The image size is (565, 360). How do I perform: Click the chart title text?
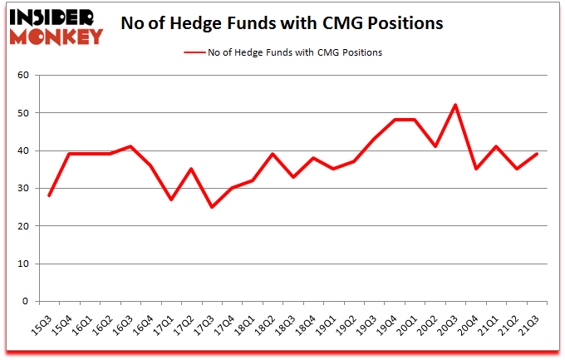(282, 23)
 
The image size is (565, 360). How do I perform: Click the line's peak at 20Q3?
(455, 105)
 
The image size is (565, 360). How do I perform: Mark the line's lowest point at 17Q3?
(211, 207)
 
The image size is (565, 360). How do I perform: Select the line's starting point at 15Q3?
(48, 195)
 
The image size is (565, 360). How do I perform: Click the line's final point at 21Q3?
(537, 154)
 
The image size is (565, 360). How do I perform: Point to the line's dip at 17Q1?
(170, 200)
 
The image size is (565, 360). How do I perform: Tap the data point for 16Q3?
(130, 146)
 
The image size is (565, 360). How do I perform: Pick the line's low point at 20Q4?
(475, 169)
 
